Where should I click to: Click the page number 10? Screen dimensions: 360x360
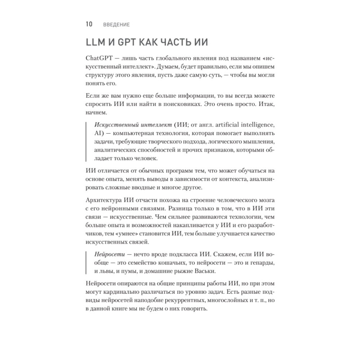coord(89,24)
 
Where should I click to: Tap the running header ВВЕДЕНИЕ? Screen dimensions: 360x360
coord(116,25)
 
